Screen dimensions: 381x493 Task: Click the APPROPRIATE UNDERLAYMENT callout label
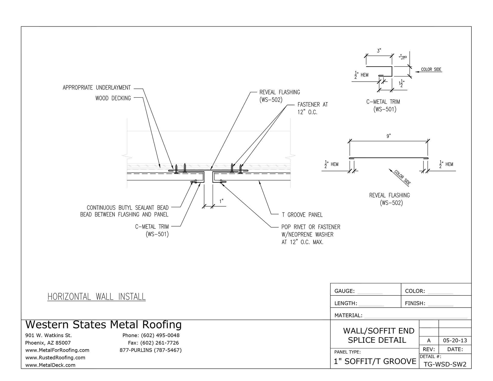tap(97, 88)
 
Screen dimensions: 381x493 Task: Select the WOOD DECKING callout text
tap(113, 98)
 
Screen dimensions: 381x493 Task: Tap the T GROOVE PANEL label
tap(302, 215)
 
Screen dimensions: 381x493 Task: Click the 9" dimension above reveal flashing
tap(388, 136)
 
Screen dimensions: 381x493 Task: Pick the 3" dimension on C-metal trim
tap(379, 51)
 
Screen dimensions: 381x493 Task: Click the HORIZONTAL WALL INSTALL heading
tap(97, 297)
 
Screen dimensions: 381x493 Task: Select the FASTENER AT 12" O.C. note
tap(312, 108)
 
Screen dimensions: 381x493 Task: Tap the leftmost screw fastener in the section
tap(176, 169)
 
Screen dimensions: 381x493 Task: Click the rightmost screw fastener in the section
tap(241, 169)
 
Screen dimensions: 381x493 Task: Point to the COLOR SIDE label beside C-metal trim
tap(431, 69)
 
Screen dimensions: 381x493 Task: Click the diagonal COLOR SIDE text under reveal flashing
tap(402, 178)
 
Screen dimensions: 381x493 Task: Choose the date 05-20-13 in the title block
tap(455, 341)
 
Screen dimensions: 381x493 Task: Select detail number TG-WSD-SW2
tap(445, 364)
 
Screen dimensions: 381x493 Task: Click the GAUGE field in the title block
tap(344, 291)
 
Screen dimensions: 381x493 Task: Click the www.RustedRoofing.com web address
tap(55, 358)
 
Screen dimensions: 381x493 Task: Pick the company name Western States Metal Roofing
tap(103, 325)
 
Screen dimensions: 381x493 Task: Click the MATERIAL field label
tap(348, 315)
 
